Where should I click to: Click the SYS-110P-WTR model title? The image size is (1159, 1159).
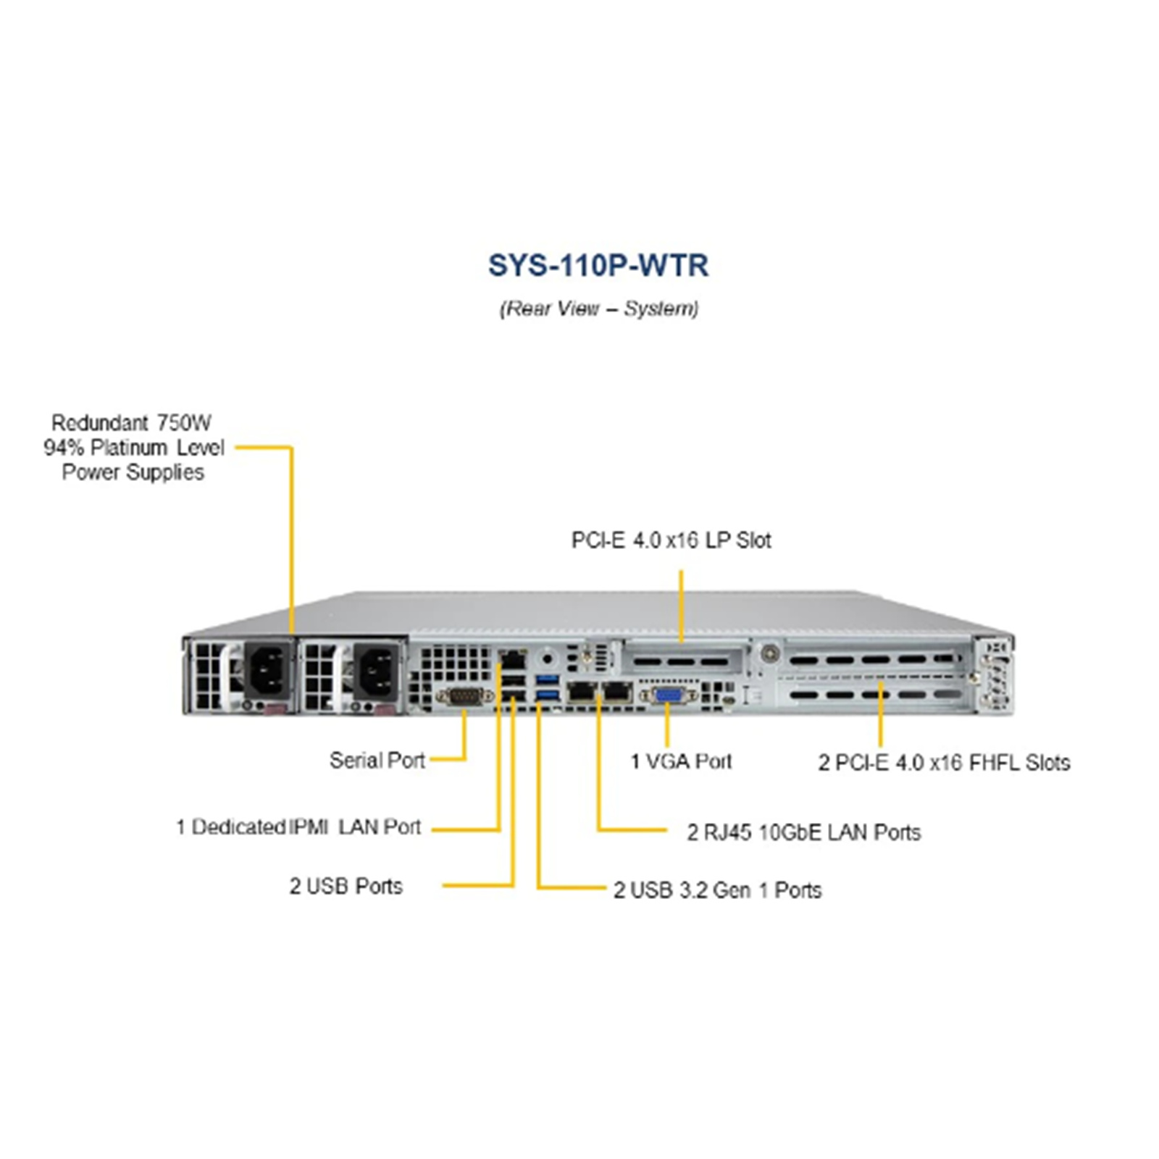(x=598, y=265)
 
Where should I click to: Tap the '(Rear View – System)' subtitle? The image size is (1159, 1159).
(x=598, y=309)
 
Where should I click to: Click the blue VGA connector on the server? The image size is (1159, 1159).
(x=667, y=695)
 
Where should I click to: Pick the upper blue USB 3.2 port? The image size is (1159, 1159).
(x=548, y=680)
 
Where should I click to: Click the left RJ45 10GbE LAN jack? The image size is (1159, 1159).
(x=582, y=691)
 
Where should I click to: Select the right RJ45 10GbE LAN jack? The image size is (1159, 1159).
(x=616, y=691)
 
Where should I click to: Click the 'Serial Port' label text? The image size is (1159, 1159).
(x=377, y=760)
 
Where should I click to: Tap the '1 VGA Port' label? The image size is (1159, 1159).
(x=681, y=761)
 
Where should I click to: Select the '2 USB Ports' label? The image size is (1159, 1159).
(x=346, y=886)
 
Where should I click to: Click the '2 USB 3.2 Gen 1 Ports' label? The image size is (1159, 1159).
(x=717, y=890)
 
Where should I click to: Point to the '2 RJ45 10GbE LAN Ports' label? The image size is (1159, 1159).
(x=803, y=832)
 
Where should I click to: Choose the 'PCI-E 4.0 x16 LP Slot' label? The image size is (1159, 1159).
(x=671, y=540)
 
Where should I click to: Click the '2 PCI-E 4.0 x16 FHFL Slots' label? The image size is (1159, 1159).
(x=944, y=762)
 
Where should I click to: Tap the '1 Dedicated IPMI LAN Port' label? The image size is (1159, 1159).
(x=298, y=827)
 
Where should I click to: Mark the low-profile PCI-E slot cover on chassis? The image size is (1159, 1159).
(x=682, y=660)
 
